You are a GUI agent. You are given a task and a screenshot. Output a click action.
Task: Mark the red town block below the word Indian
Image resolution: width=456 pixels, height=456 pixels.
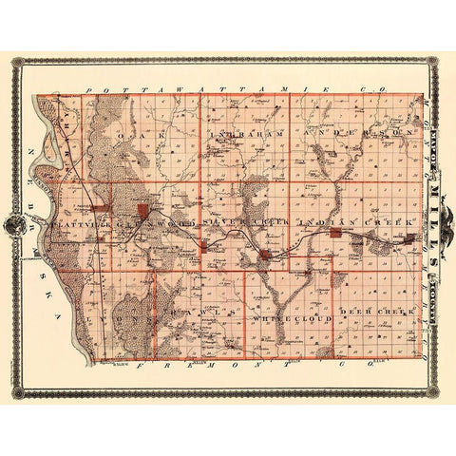(335, 233)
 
